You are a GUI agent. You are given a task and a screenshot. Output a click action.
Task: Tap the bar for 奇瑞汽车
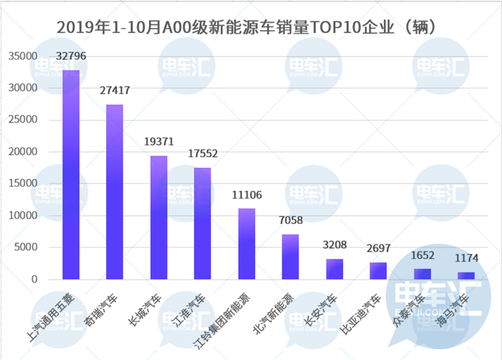[115, 191]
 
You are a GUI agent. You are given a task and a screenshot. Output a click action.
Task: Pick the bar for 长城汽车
[158, 217]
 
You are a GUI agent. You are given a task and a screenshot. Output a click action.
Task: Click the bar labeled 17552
[203, 223]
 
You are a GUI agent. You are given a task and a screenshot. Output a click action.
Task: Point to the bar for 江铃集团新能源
[247, 244]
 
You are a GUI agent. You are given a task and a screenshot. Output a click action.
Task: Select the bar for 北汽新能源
[290, 257]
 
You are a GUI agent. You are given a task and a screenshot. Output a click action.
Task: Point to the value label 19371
[158, 142]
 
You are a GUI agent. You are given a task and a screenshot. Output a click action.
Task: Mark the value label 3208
[334, 245]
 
